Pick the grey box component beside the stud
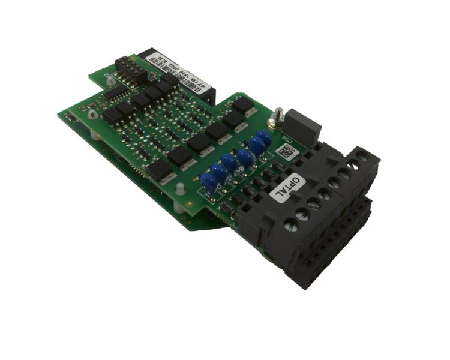point(304,127)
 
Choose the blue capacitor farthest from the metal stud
point(208,182)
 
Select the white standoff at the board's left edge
point(92,113)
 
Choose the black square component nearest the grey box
point(243,105)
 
